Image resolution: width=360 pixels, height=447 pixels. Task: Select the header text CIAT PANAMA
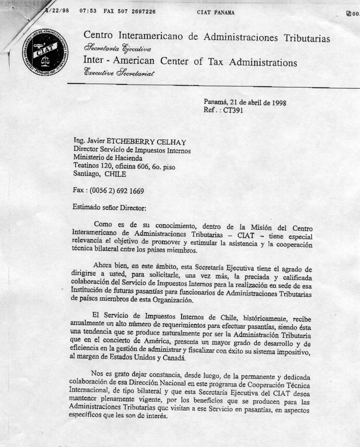click(216, 13)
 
